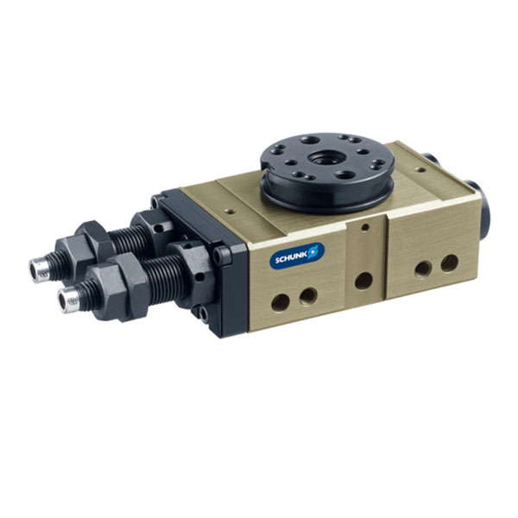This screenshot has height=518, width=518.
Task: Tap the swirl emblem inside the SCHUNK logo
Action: coord(314,251)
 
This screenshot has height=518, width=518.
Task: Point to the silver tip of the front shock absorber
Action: coord(69,300)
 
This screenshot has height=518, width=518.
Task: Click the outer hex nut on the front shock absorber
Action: coord(118,289)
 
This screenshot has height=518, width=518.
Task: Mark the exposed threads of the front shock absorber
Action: coord(163,279)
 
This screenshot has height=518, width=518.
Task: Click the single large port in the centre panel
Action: coord(363,281)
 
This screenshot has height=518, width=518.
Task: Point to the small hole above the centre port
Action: coord(365,227)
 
